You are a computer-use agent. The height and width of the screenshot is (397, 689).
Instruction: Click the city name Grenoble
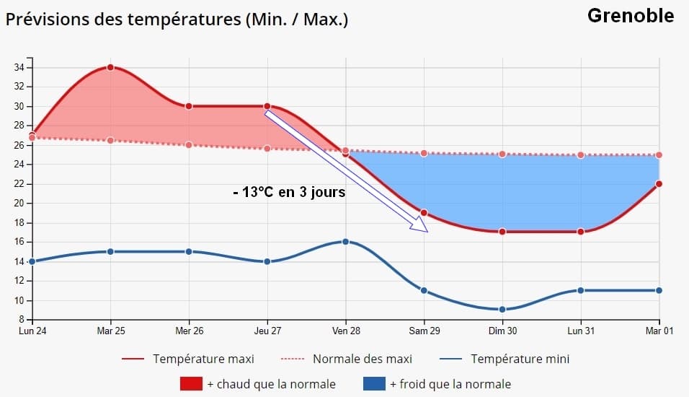[631, 15]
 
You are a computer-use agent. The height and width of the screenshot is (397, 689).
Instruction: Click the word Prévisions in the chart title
[47, 19]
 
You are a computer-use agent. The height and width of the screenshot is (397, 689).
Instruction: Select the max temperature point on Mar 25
[110, 67]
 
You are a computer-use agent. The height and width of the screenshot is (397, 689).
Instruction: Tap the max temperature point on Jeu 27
[267, 106]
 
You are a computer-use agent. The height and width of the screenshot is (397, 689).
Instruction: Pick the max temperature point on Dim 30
[502, 232]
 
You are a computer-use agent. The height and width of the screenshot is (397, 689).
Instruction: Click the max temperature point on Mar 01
[659, 183]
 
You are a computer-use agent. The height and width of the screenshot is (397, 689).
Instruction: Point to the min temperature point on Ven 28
[346, 242]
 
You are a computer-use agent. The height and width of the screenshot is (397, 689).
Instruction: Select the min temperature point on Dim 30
[502, 309]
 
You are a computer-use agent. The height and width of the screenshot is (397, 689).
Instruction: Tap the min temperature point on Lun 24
[32, 261]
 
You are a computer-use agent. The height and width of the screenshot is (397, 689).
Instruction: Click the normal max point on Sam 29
[424, 153]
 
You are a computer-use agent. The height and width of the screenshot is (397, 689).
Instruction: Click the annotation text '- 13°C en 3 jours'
[290, 193]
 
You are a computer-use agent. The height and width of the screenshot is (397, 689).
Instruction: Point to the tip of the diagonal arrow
[427, 232]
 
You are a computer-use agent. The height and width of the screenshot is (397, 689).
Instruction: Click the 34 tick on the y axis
[19, 68]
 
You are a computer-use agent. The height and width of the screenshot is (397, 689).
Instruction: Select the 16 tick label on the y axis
[19, 242]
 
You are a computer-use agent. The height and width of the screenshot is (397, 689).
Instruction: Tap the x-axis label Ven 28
[346, 331]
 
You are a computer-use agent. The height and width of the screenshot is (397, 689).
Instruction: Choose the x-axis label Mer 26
[189, 331]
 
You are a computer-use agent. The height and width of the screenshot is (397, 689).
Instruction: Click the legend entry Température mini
[519, 359]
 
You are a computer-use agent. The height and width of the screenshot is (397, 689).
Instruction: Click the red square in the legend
[191, 384]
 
